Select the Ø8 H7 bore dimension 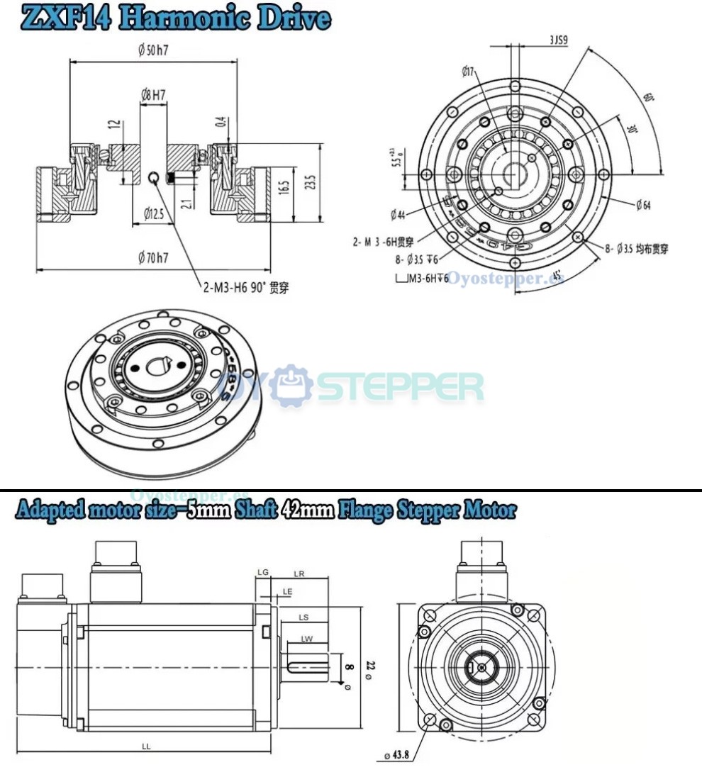pyautogui.click(x=154, y=94)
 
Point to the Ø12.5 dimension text pyautogui.click(x=153, y=213)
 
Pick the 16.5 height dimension pyautogui.click(x=283, y=188)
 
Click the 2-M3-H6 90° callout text pyautogui.click(x=245, y=287)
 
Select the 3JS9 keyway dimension pyautogui.click(x=559, y=40)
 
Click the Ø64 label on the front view pyautogui.click(x=643, y=206)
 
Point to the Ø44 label pyautogui.click(x=398, y=214)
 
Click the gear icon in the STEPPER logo pyautogui.click(x=294, y=386)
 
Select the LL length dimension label pyautogui.click(x=145, y=746)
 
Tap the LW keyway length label pyautogui.click(x=306, y=639)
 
